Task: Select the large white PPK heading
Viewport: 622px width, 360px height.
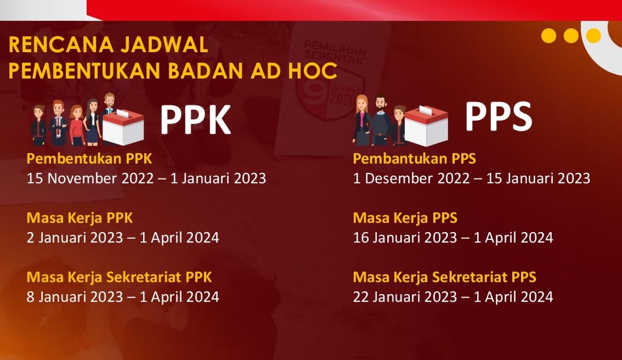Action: pyautogui.click(x=195, y=120)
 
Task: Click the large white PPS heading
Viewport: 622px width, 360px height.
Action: pyautogui.click(x=498, y=116)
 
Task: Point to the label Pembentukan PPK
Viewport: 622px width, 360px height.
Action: pyautogui.click(x=89, y=159)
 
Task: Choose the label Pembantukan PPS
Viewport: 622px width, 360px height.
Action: pyautogui.click(x=414, y=159)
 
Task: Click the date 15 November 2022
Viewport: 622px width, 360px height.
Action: pyautogui.click(x=90, y=178)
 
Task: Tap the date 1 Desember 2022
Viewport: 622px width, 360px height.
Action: pyautogui.click(x=411, y=178)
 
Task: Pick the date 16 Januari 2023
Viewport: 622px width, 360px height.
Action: pyautogui.click(x=405, y=238)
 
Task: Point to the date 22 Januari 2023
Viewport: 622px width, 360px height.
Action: pyautogui.click(x=405, y=297)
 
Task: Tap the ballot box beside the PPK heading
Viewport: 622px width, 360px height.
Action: pyautogui.click(x=123, y=127)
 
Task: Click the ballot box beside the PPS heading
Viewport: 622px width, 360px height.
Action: pyautogui.click(x=426, y=126)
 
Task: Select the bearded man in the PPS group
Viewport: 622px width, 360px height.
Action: pyautogui.click(x=380, y=120)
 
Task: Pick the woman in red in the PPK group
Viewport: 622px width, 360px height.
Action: pyautogui.click(x=77, y=126)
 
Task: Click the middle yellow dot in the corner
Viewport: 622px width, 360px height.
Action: pyautogui.click(x=571, y=36)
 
